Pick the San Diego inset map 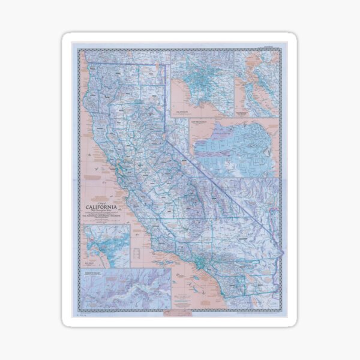pos(106,246)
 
